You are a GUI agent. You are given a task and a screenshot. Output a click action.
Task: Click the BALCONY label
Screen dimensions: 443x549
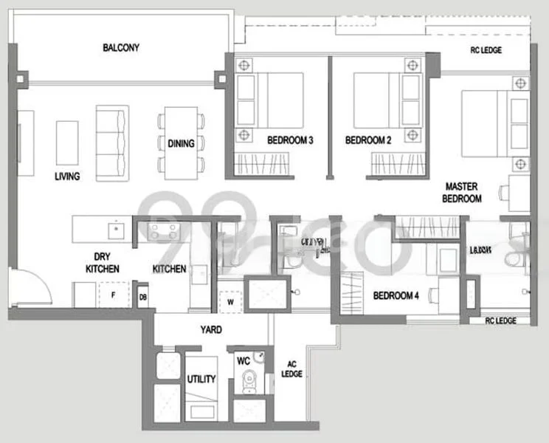pyautogui.click(x=121, y=48)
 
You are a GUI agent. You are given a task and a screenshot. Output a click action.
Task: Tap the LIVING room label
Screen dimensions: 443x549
pyautogui.click(x=67, y=176)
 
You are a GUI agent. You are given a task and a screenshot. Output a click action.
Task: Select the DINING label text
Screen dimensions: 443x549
pyautogui.click(x=181, y=144)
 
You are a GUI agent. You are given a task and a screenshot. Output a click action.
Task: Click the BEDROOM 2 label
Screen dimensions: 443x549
pyautogui.click(x=367, y=140)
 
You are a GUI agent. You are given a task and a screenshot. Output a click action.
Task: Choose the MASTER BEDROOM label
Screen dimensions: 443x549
pyautogui.click(x=462, y=193)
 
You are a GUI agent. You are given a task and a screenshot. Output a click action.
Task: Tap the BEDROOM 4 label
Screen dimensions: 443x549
pyautogui.click(x=396, y=296)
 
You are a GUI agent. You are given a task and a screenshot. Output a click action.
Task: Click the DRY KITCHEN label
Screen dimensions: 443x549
pyautogui.click(x=103, y=264)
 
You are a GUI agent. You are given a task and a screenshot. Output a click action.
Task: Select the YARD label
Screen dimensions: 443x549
pyautogui.click(x=210, y=330)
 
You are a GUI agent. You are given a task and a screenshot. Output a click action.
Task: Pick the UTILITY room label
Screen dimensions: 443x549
pyautogui.click(x=201, y=380)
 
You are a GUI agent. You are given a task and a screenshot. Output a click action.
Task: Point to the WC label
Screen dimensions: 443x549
pyautogui.click(x=243, y=362)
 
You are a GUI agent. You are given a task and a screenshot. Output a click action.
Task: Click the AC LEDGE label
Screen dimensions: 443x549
pyautogui.click(x=291, y=369)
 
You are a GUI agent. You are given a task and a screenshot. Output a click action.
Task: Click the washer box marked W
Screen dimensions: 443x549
pyautogui.click(x=230, y=301)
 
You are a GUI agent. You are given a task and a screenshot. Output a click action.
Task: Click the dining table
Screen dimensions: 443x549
pyautogui.click(x=181, y=143)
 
